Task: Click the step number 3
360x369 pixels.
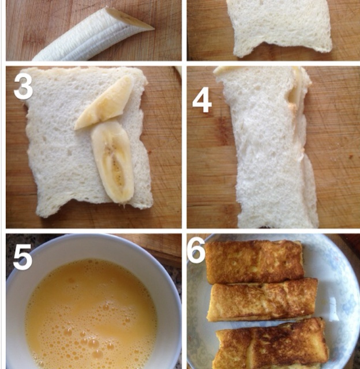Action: tap(23, 87)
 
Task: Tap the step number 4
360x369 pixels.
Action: tap(202, 100)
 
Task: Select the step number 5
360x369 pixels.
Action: tap(22, 257)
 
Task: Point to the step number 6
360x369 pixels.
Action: tap(196, 250)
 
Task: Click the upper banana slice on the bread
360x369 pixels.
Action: tap(104, 103)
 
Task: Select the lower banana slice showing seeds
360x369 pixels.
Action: tap(113, 161)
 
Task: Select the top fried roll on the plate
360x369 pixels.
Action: tap(254, 261)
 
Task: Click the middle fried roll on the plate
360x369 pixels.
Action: tap(262, 299)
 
